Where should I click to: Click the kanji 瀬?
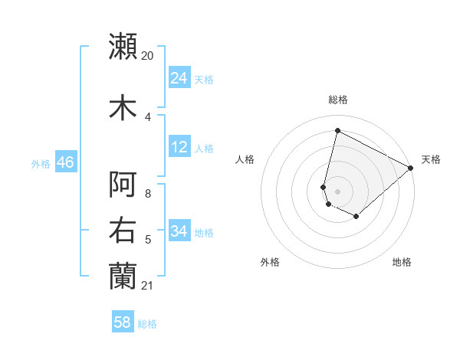click(x=123, y=46)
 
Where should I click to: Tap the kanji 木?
click(x=123, y=107)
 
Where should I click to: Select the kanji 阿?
click(x=123, y=185)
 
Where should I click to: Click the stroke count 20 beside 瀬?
click(x=148, y=56)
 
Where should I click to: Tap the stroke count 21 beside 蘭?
click(x=148, y=286)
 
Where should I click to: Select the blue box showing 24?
click(x=179, y=78)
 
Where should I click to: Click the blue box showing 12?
click(x=179, y=147)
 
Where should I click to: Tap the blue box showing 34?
click(x=179, y=231)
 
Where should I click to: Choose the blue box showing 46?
click(x=65, y=162)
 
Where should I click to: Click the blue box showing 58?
click(x=123, y=322)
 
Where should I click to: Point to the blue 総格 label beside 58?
click(x=148, y=324)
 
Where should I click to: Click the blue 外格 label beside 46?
click(x=41, y=163)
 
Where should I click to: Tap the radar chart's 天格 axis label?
click(x=431, y=159)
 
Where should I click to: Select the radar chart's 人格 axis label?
click(x=245, y=159)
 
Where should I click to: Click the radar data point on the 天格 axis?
click(x=411, y=168)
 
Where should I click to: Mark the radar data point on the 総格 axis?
click(x=337, y=131)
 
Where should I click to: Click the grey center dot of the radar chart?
click(x=337, y=191)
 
